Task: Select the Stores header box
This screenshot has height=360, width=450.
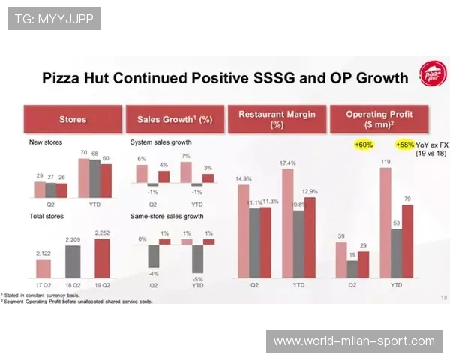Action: point(73,119)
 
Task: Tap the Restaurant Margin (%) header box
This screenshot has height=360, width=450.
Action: point(277,119)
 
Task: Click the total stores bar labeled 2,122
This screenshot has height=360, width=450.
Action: point(43,268)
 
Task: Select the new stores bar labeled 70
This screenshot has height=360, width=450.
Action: point(83,178)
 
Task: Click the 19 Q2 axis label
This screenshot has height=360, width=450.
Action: point(102,285)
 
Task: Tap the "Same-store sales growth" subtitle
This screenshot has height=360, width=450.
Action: point(167,216)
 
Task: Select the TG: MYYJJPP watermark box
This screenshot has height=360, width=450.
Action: point(54,18)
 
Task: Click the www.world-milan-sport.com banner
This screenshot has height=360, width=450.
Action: point(353,341)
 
